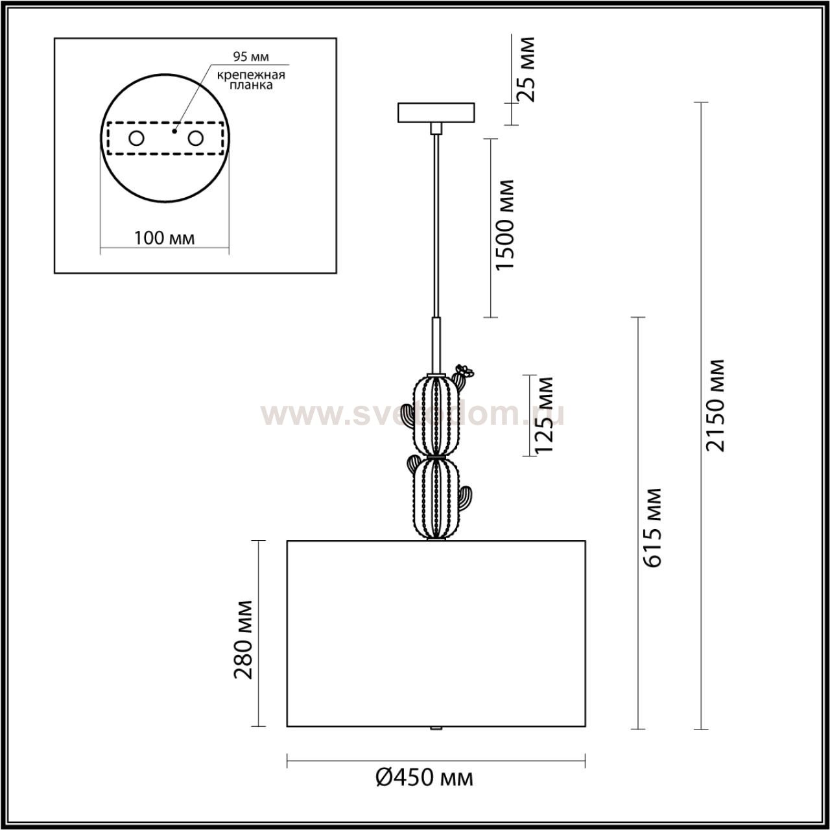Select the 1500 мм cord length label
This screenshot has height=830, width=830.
pos(504,226)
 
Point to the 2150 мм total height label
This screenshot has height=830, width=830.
pos(716,405)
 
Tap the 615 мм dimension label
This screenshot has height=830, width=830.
pos(654,527)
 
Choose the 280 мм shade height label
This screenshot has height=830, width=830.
pos(244,639)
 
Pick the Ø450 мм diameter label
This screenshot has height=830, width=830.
pos(425,777)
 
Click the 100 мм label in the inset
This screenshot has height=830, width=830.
pos(164,238)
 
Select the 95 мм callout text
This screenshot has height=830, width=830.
pos(251,56)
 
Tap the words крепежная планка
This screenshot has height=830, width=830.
pos(251,80)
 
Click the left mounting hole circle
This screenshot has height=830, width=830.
pos(137,138)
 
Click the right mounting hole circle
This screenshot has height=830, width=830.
pos(195,138)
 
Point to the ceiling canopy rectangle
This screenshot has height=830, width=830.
pos(436,112)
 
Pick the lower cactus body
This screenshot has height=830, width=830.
pos(433,498)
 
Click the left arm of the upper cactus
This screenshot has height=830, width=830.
pos(407,415)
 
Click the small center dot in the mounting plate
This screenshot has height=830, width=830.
pos(173,130)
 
